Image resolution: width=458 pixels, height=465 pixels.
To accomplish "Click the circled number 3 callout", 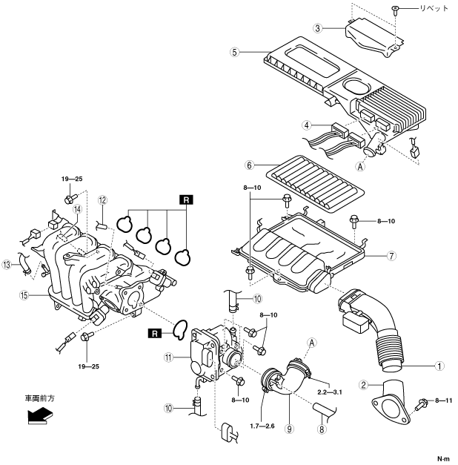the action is (318, 28).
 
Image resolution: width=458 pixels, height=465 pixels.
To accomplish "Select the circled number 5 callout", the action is (234, 52).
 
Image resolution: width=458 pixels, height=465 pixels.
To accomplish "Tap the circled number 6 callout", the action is (249, 165).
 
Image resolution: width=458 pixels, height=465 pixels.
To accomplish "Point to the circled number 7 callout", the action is (391, 256).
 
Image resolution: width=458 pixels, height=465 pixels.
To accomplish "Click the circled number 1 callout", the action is (439, 366).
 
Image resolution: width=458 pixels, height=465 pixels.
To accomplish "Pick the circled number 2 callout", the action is (363, 385).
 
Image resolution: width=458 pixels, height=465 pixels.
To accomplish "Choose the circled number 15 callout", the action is (24, 295).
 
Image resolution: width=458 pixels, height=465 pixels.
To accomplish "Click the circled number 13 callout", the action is (7, 265).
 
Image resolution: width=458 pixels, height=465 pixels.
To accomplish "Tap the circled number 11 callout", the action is (168, 357).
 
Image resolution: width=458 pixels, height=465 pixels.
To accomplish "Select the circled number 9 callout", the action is (289, 429).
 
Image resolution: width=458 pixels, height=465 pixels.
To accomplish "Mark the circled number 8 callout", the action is (322, 429).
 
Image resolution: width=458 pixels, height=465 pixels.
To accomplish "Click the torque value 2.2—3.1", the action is (330, 392).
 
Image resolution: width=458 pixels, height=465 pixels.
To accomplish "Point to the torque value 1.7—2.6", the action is (262, 426).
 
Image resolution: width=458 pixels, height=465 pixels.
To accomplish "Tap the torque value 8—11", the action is (444, 400).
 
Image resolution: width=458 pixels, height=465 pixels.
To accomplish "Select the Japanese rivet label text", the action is (434, 8).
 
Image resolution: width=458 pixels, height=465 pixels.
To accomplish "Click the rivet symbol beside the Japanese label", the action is (396, 10).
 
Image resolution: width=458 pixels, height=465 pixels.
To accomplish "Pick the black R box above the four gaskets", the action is (186, 200).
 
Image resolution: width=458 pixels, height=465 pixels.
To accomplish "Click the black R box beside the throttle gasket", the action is (155, 333).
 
